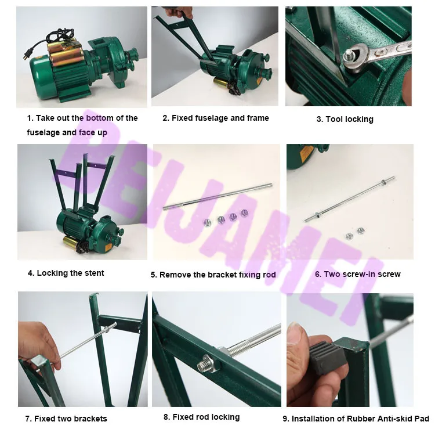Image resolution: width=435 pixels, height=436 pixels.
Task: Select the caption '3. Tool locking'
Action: pos(345,119)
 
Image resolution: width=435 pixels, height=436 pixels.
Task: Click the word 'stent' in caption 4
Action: pos(94,273)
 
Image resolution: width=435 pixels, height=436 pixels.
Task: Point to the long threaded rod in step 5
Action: pos(217,196)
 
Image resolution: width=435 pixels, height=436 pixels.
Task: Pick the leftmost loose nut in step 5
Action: pos(206,222)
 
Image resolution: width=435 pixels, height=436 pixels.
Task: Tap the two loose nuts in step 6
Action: pos(355,233)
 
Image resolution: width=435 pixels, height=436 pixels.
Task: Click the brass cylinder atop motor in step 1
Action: pos(64,55)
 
